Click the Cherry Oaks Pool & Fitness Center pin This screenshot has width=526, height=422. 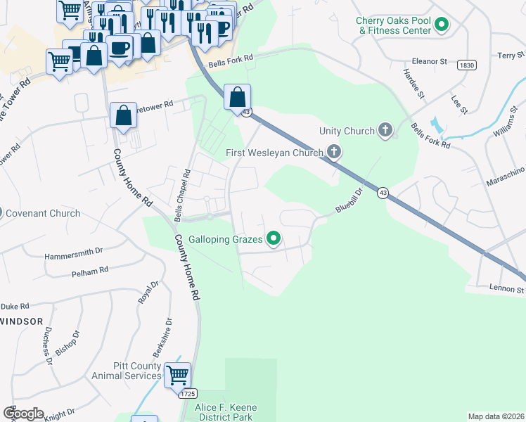[x=442, y=26]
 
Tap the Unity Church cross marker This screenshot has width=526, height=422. [x=385, y=130]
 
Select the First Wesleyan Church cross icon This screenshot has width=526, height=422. [x=334, y=152]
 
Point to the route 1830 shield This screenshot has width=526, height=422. [x=465, y=64]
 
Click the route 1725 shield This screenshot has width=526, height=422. [x=188, y=394]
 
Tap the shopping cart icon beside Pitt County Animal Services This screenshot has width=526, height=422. [x=177, y=374]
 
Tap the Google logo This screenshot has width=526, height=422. [x=24, y=413]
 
